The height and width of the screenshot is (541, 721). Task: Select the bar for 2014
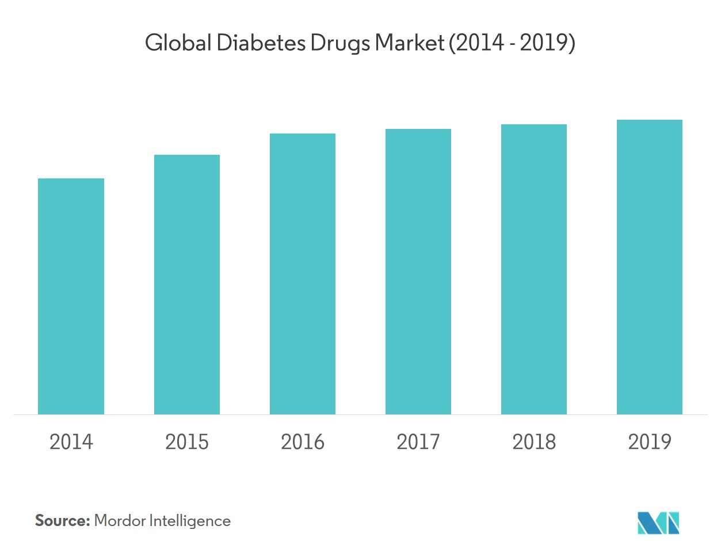71,296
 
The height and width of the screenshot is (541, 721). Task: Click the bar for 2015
186,284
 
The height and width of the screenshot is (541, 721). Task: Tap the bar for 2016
302,274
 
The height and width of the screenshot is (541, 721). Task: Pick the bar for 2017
418,272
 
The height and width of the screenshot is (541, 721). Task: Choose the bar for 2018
533,269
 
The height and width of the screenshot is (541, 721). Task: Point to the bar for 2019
649,267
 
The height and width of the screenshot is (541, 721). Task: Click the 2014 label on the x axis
71,442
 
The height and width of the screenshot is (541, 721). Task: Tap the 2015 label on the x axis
186,442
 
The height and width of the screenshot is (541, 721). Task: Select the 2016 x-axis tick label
302,442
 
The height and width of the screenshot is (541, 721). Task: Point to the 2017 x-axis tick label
418,442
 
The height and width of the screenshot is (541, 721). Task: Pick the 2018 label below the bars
533,442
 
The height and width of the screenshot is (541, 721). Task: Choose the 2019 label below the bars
649,442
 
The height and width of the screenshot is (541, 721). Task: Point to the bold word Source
62,521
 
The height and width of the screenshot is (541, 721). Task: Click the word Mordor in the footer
120,521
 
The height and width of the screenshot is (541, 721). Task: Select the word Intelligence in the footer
190,521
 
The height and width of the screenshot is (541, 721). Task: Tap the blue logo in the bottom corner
658,521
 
